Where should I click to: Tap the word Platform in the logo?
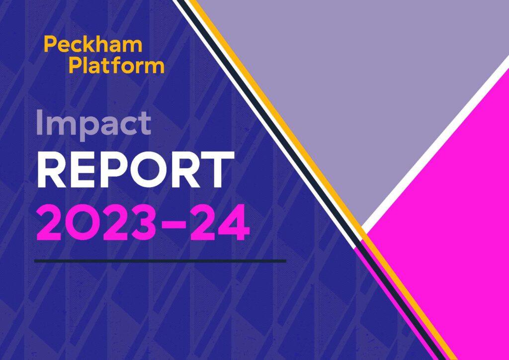(117, 65)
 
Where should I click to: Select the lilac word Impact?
(93, 123)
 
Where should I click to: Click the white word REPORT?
(135, 170)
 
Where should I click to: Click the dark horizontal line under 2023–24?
(161, 261)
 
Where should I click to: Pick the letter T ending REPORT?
(219, 170)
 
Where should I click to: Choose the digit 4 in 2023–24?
(235, 223)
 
